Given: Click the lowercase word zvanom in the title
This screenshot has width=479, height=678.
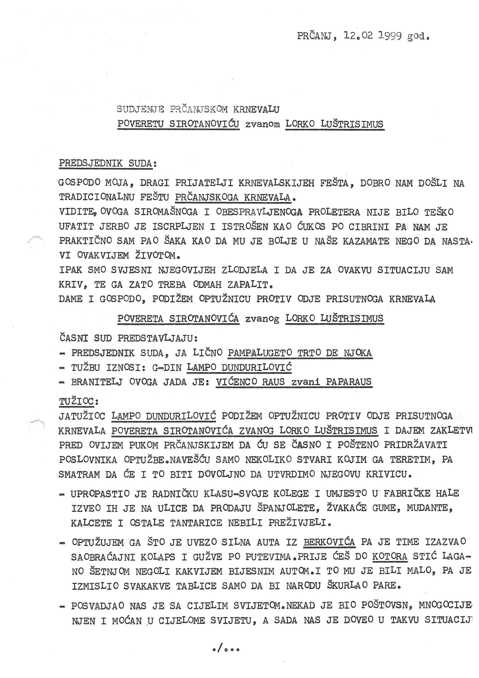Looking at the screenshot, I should point(262,124).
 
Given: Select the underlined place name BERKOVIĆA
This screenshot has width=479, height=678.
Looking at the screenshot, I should point(329,542).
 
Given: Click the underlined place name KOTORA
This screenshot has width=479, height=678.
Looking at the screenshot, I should point(390,556).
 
